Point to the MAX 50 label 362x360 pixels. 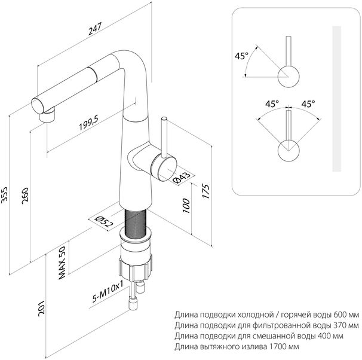click(62, 264)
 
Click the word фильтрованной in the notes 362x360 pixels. click(277, 325)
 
